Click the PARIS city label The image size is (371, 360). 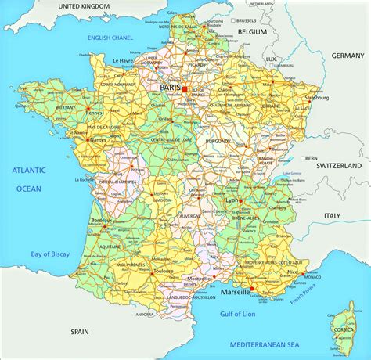171,88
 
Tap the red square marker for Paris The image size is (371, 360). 185,90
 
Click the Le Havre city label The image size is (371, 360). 124,61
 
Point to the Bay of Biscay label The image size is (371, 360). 45,253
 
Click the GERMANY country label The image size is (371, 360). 348,56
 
